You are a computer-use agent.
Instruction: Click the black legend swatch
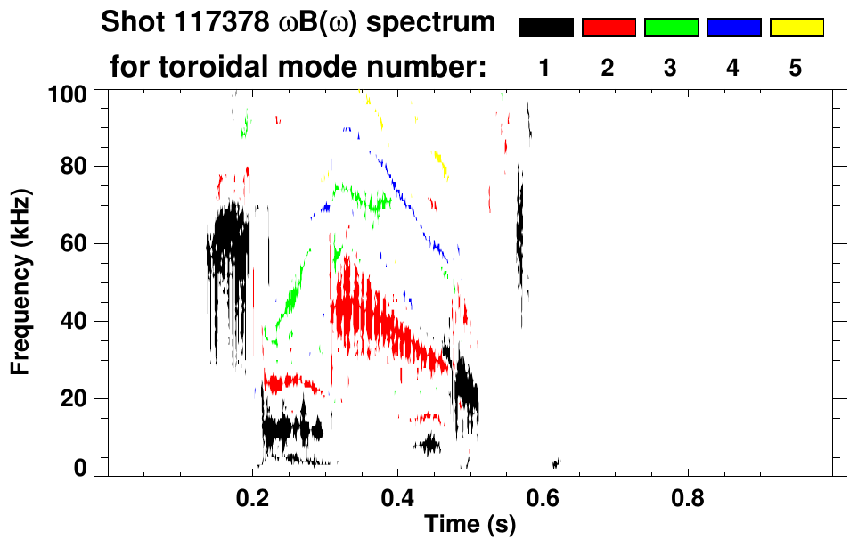tap(545, 28)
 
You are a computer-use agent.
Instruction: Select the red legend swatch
tap(609, 28)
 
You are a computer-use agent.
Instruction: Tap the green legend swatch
tap(671, 28)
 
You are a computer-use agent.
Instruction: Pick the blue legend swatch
tap(733, 28)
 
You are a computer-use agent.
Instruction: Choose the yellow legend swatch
tap(797, 28)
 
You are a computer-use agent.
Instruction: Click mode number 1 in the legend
tap(545, 69)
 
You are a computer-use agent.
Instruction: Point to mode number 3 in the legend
tap(671, 69)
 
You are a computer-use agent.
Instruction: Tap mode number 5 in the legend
tap(797, 69)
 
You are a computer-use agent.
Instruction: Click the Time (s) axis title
tap(470, 525)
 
